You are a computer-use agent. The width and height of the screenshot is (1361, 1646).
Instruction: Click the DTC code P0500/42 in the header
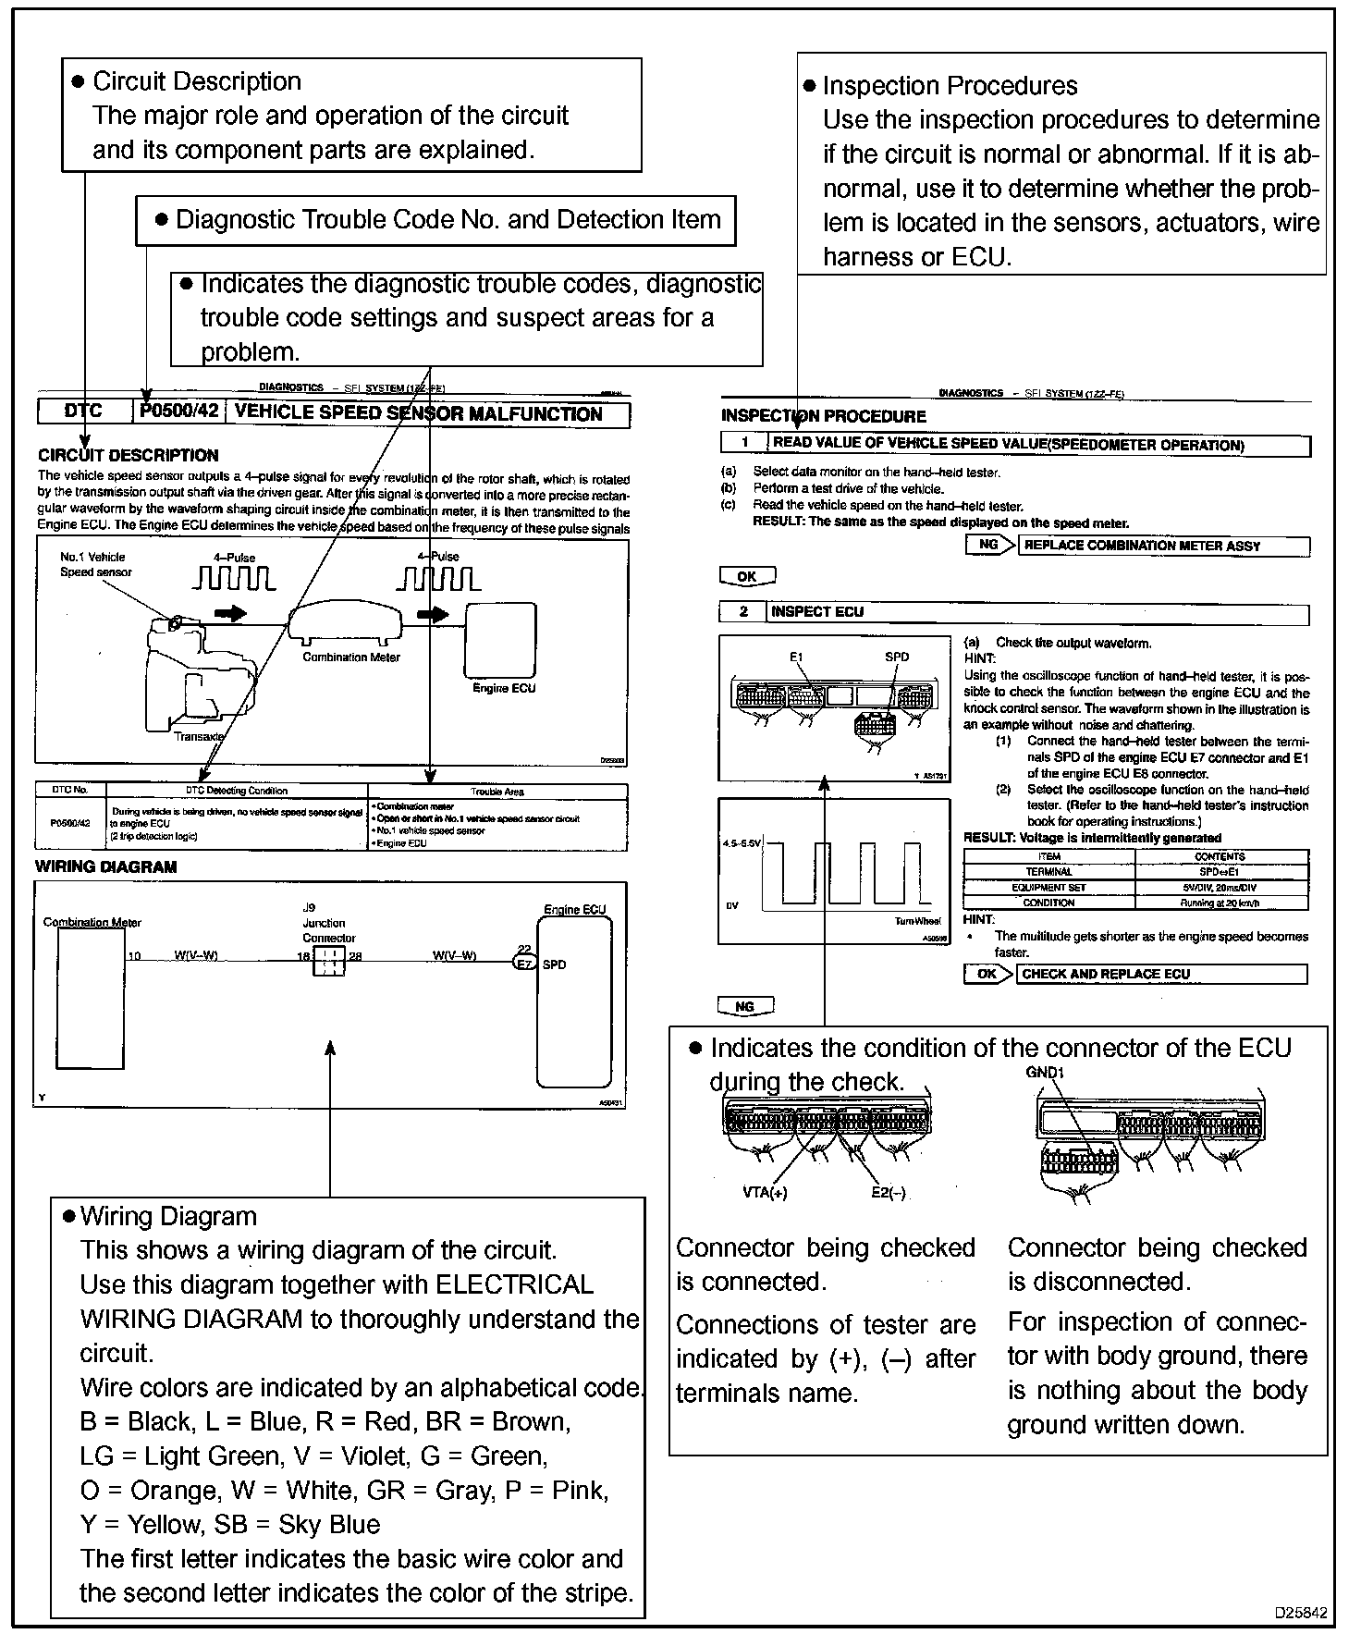click(x=178, y=411)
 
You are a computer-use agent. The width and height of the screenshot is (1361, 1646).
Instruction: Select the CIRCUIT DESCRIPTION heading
click(x=129, y=455)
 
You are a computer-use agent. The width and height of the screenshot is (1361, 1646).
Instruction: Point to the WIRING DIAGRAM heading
click(x=105, y=866)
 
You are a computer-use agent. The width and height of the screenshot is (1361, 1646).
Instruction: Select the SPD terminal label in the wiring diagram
click(x=555, y=964)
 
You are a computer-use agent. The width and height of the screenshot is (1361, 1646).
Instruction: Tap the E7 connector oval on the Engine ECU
click(x=524, y=964)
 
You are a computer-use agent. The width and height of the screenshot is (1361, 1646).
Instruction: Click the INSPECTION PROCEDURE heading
click(x=823, y=416)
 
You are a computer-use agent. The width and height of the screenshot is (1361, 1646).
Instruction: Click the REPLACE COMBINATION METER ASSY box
click(x=1164, y=546)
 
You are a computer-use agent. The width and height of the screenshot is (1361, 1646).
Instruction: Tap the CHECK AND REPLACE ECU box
click(x=1162, y=974)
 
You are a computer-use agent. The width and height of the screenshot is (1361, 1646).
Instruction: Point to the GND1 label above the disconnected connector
click(x=1046, y=1073)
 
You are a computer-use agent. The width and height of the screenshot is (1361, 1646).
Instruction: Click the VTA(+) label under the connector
click(x=765, y=1192)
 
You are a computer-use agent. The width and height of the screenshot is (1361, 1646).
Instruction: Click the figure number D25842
click(x=1300, y=1613)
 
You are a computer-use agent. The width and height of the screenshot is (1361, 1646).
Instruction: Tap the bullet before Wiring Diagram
click(x=68, y=1216)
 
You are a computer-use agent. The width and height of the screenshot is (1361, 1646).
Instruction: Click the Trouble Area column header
click(x=497, y=791)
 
